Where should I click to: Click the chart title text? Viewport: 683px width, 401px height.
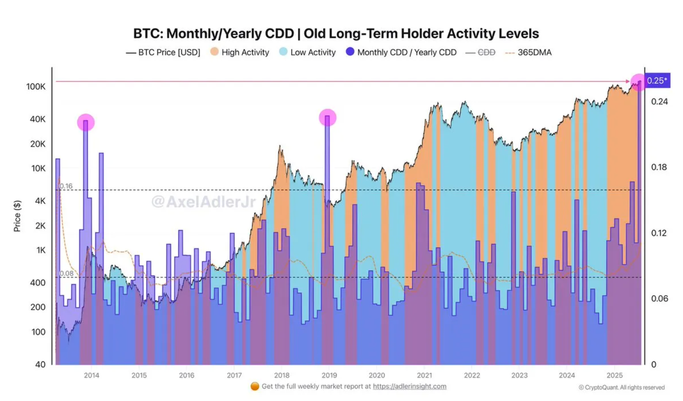336,34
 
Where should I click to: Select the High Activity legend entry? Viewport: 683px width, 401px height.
240,52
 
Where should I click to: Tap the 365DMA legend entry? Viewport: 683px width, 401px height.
528,52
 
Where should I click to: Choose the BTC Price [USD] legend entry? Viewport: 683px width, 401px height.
163,52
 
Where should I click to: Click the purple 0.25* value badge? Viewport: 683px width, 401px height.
657,80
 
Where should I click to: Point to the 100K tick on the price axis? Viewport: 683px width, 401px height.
36,87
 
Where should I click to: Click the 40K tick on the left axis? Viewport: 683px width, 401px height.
38,119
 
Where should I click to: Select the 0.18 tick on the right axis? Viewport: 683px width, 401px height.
659,167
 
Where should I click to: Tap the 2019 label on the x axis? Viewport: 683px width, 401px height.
329,375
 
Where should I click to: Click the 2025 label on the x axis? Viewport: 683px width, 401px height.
614,375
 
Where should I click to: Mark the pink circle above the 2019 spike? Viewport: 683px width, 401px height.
327,118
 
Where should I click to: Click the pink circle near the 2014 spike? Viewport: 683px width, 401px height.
86,122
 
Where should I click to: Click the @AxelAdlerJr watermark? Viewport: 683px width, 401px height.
203,202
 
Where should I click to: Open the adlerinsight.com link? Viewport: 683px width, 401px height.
409,386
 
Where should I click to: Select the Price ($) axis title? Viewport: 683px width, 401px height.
17,216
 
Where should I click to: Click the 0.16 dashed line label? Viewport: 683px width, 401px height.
66,186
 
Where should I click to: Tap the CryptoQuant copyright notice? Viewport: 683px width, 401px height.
621,387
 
